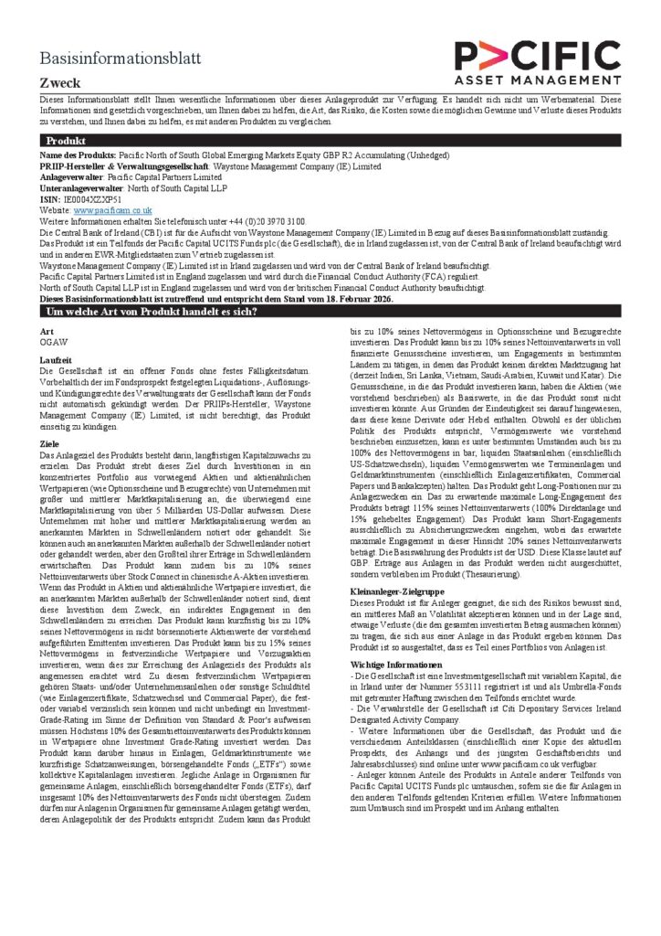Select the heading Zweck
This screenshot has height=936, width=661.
59,82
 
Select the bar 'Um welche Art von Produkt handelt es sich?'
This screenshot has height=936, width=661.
152,312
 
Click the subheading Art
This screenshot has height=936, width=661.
48,330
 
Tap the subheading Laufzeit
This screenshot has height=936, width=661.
57,360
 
